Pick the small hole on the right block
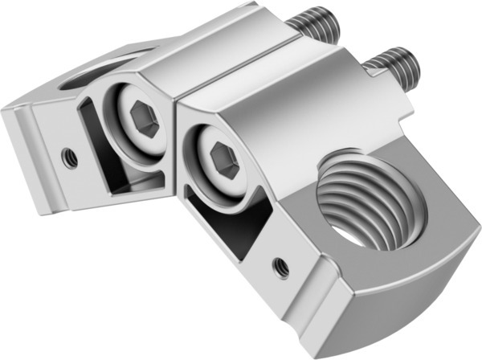280,264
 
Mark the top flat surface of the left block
217,48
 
